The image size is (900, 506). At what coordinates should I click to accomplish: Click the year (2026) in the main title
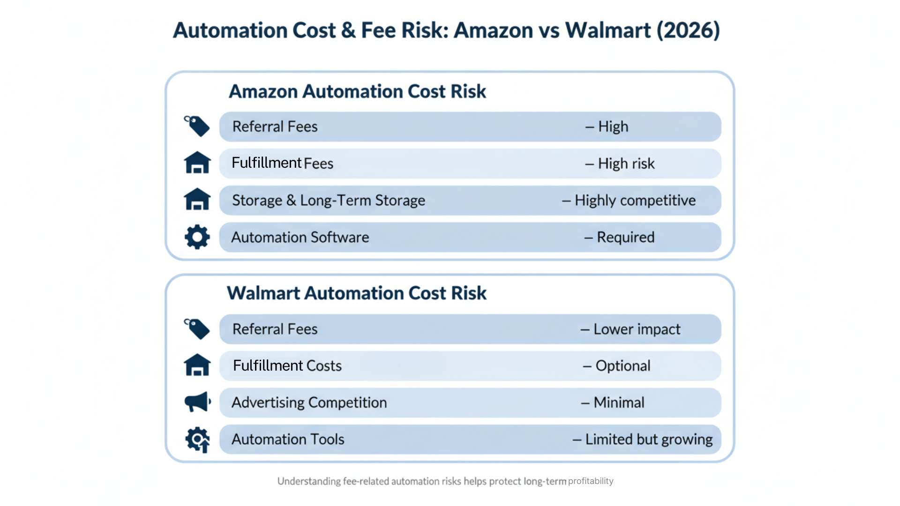(688, 30)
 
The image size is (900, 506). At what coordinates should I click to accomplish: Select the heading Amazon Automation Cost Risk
(357, 91)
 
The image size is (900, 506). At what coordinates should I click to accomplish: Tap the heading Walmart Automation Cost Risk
(357, 293)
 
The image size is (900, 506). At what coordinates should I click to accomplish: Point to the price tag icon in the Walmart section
(197, 329)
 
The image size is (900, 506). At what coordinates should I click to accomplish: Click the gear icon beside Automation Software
(197, 237)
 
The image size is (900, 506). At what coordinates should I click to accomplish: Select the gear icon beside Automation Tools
(197, 439)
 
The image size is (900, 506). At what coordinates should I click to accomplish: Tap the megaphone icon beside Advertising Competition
(197, 402)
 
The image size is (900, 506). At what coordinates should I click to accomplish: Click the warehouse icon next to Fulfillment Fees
(197, 163)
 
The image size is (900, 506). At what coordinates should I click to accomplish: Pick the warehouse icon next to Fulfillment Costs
(197, 365)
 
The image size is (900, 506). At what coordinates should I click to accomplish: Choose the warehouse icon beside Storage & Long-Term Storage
(197, 200)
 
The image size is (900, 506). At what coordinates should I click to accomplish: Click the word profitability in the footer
(591, 481)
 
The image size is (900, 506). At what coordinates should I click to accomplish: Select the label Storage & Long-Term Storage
(329, 201)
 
